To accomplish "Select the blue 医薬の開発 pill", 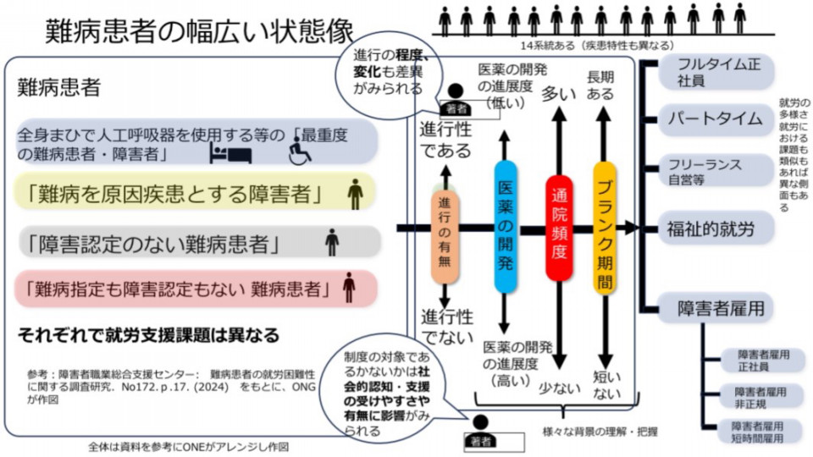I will click(505, 227).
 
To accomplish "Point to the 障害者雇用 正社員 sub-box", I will click(760, 360).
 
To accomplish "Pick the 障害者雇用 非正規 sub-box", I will click(760, 397).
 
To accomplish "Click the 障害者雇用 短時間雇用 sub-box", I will click(760, 431).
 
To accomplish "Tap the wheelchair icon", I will click(300, 152).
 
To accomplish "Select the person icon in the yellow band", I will click(356, 194).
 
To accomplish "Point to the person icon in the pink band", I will click(349, 287).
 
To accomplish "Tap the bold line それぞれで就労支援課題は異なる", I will click(148, 335).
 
